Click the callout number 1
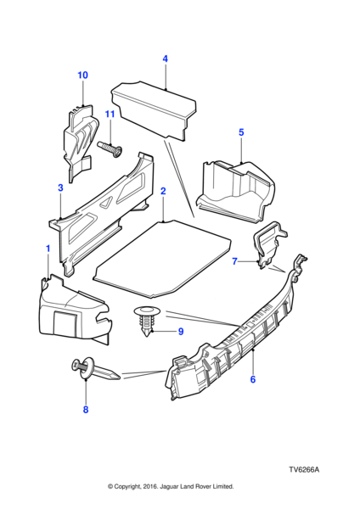click(x=48, y=249)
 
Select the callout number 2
click(x=163, y=191)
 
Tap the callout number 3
click(x=60, y=187)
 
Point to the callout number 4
click(x=165, y=59)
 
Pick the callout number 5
click(x=241, y=132)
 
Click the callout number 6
click(x=253, y=379)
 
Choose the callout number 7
click(x=235, y=261)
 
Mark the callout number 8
click(x=86, y=410)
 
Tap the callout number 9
click(x=181, y=332)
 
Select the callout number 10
click(x=82, y=76)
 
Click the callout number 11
click(x=110, y=115)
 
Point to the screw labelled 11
click(x=110, y=150)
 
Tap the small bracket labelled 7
click(x=269, y=244)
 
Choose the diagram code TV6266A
click(x=305, y=470)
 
